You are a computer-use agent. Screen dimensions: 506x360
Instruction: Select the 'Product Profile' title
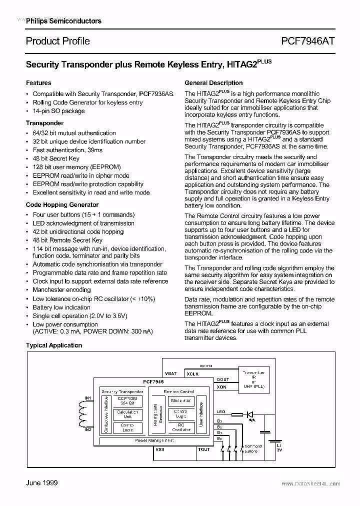pyautogui.click(x=58, y=41)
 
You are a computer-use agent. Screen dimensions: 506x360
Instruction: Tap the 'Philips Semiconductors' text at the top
pyautogui.click(x=63, y=21)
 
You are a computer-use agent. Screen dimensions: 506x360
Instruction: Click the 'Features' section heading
pyautogui.click(x=38, y=83)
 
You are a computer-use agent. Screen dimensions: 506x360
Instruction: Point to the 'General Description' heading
pyautogui.click(x=213, y=83)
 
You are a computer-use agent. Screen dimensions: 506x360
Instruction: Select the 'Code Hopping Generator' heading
pyautogui.click(x=62, y=205)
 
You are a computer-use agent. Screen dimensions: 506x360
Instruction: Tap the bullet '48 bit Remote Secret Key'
pyautogui.click(x=67, y=240)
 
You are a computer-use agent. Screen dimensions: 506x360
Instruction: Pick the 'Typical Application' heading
pyautogui.click(x=54, y=345)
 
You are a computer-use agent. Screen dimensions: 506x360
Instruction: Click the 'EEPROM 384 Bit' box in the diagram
pyautogui.click(x=127, y=401)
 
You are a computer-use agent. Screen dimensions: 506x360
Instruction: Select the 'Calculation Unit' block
pyautogui.click(x=127, y=414)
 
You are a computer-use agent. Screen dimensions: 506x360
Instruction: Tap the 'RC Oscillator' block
pyautogui.click(x=181, y=427)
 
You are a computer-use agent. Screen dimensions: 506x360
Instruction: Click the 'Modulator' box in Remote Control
pyautogui.click(x=181, y=400)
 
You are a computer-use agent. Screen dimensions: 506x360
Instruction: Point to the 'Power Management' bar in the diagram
pyautogui.click(x=154, y=440)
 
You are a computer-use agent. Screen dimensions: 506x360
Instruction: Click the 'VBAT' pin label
pyautogui.click(x=170, y=373)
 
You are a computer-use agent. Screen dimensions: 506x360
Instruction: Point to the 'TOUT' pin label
pyautogui.click(x=203, y=449)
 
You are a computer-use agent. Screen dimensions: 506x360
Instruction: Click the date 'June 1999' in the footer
pyautogui.click(x=41, y=482)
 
